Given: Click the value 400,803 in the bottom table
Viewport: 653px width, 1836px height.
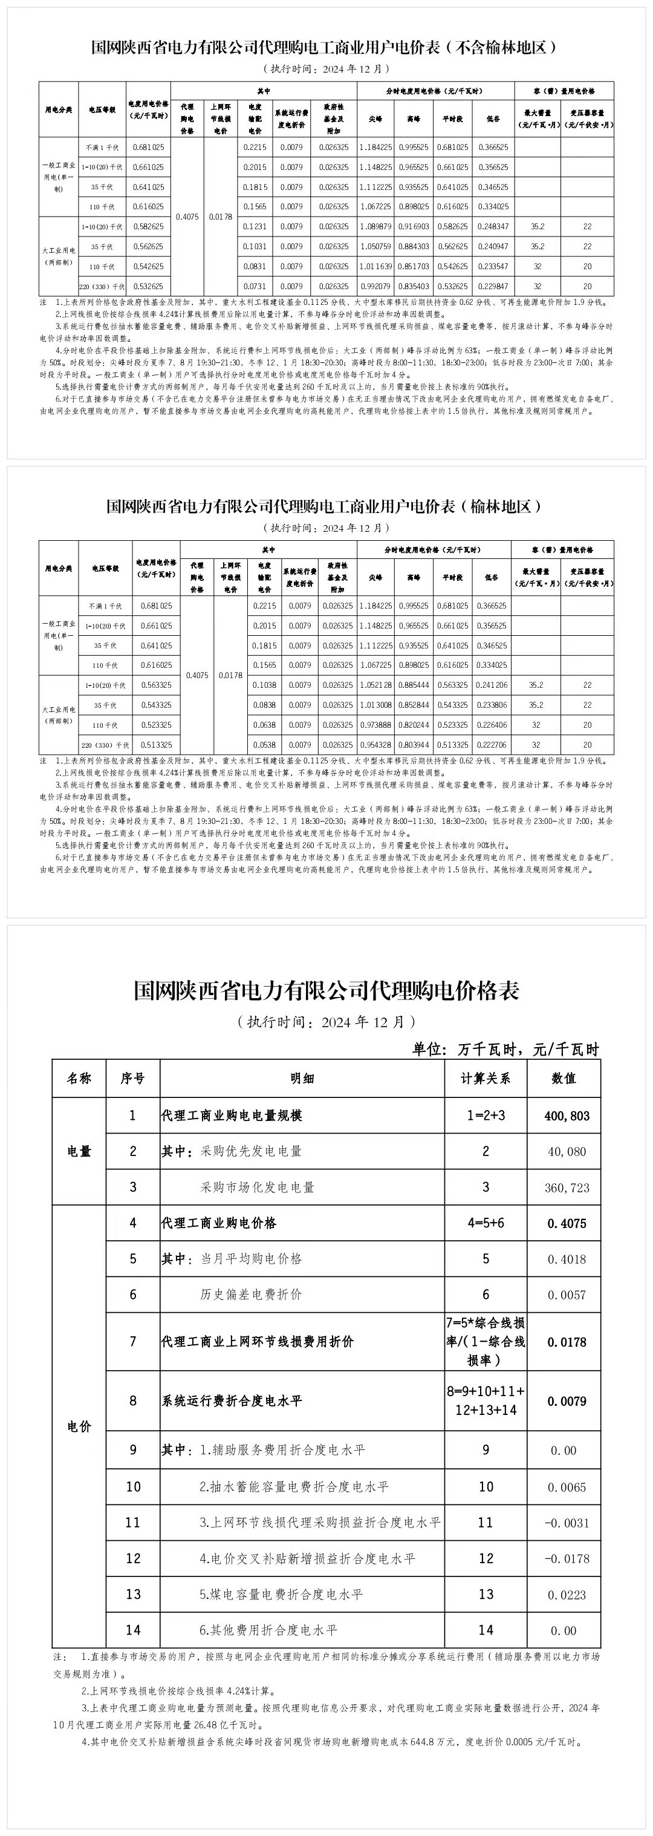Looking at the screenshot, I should coord(567,1116).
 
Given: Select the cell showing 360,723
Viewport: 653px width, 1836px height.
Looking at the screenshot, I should coord(567,1188).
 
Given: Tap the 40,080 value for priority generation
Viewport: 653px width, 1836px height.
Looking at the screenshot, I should coord(567,1152).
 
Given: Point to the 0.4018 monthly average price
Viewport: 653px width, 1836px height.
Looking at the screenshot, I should coord(567,1259).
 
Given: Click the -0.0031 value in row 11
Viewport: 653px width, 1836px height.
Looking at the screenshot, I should coord(567,1523).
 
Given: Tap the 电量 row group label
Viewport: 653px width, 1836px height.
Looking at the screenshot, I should coord(79,1151).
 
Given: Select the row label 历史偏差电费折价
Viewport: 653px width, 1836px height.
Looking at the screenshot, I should coord(251,1295).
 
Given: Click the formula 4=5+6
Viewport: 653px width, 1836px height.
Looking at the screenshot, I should coord(486,1223).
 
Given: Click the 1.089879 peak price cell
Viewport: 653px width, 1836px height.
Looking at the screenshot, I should coord(375,227).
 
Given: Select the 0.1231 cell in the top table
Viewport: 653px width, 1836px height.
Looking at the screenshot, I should coord(255,227).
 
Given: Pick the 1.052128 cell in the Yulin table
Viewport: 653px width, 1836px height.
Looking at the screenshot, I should coord(375,685).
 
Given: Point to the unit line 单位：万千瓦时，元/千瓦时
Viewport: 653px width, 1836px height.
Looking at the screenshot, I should coord(505,1049).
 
